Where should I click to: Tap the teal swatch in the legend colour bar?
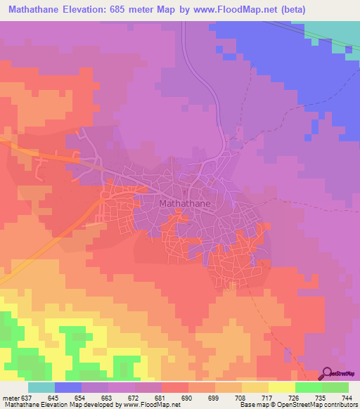point(41,388)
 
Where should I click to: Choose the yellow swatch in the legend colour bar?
point(282,388)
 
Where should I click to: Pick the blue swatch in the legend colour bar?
point(68,388)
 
